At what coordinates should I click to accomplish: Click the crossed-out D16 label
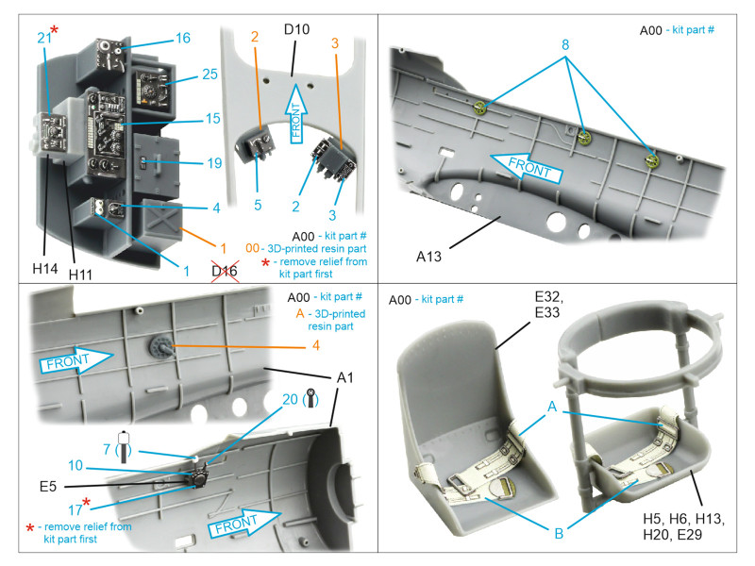click(225, 274)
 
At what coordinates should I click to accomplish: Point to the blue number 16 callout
click(182, 38)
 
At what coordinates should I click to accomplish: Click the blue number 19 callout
click(213, 163)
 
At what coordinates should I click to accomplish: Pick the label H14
click(45, 269)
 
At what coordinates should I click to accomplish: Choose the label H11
click(82, 274)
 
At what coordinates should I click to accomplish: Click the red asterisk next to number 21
click(55, 30)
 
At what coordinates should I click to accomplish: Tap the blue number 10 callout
click(75, 464)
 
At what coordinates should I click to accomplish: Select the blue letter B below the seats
click(559, 533)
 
